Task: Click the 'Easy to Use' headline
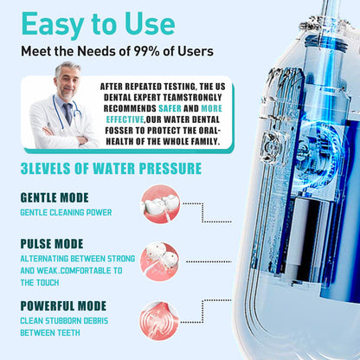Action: tap(99, 24)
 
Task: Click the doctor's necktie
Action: tap(68, 113)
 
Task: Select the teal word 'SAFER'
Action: tap(170, 108)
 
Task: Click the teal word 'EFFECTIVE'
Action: tap(125, 119)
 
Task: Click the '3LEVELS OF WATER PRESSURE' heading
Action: tap(111, 169)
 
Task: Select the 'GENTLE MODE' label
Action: tap(55, 197)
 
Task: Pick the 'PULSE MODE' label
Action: tap(52, 244)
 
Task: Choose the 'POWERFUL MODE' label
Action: tap(63, 305)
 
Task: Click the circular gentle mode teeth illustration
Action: tap(160, 204)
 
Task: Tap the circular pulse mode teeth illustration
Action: tap(159, 262)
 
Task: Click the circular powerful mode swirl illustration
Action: tap(159, 321)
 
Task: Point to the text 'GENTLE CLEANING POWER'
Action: tap(66, 213)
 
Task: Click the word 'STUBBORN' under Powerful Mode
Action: tap(63, 321)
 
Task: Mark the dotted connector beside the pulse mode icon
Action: tap(209, 261)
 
